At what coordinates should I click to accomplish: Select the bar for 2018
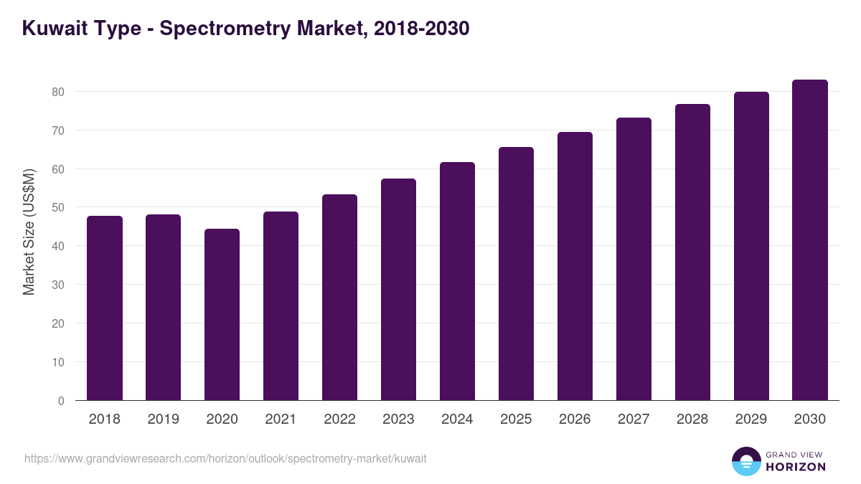tap(105, 308)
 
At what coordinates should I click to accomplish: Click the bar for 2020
tap(222, 315)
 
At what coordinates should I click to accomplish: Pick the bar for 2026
tap(575, 266)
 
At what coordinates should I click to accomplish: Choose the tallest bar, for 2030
tap(810, 240)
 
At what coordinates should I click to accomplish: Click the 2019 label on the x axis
tap(164, 419)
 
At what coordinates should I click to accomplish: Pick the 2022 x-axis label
tap(339, 419)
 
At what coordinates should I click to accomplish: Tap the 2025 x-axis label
tap(516, 419)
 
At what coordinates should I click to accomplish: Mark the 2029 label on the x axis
tap(751, 419)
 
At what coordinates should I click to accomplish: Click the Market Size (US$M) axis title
tap(29, 232)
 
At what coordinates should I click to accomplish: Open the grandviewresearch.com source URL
tap(225, 458)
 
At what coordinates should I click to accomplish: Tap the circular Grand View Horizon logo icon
tap(746, 461)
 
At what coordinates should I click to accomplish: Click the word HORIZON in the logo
tap(796, 466)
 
